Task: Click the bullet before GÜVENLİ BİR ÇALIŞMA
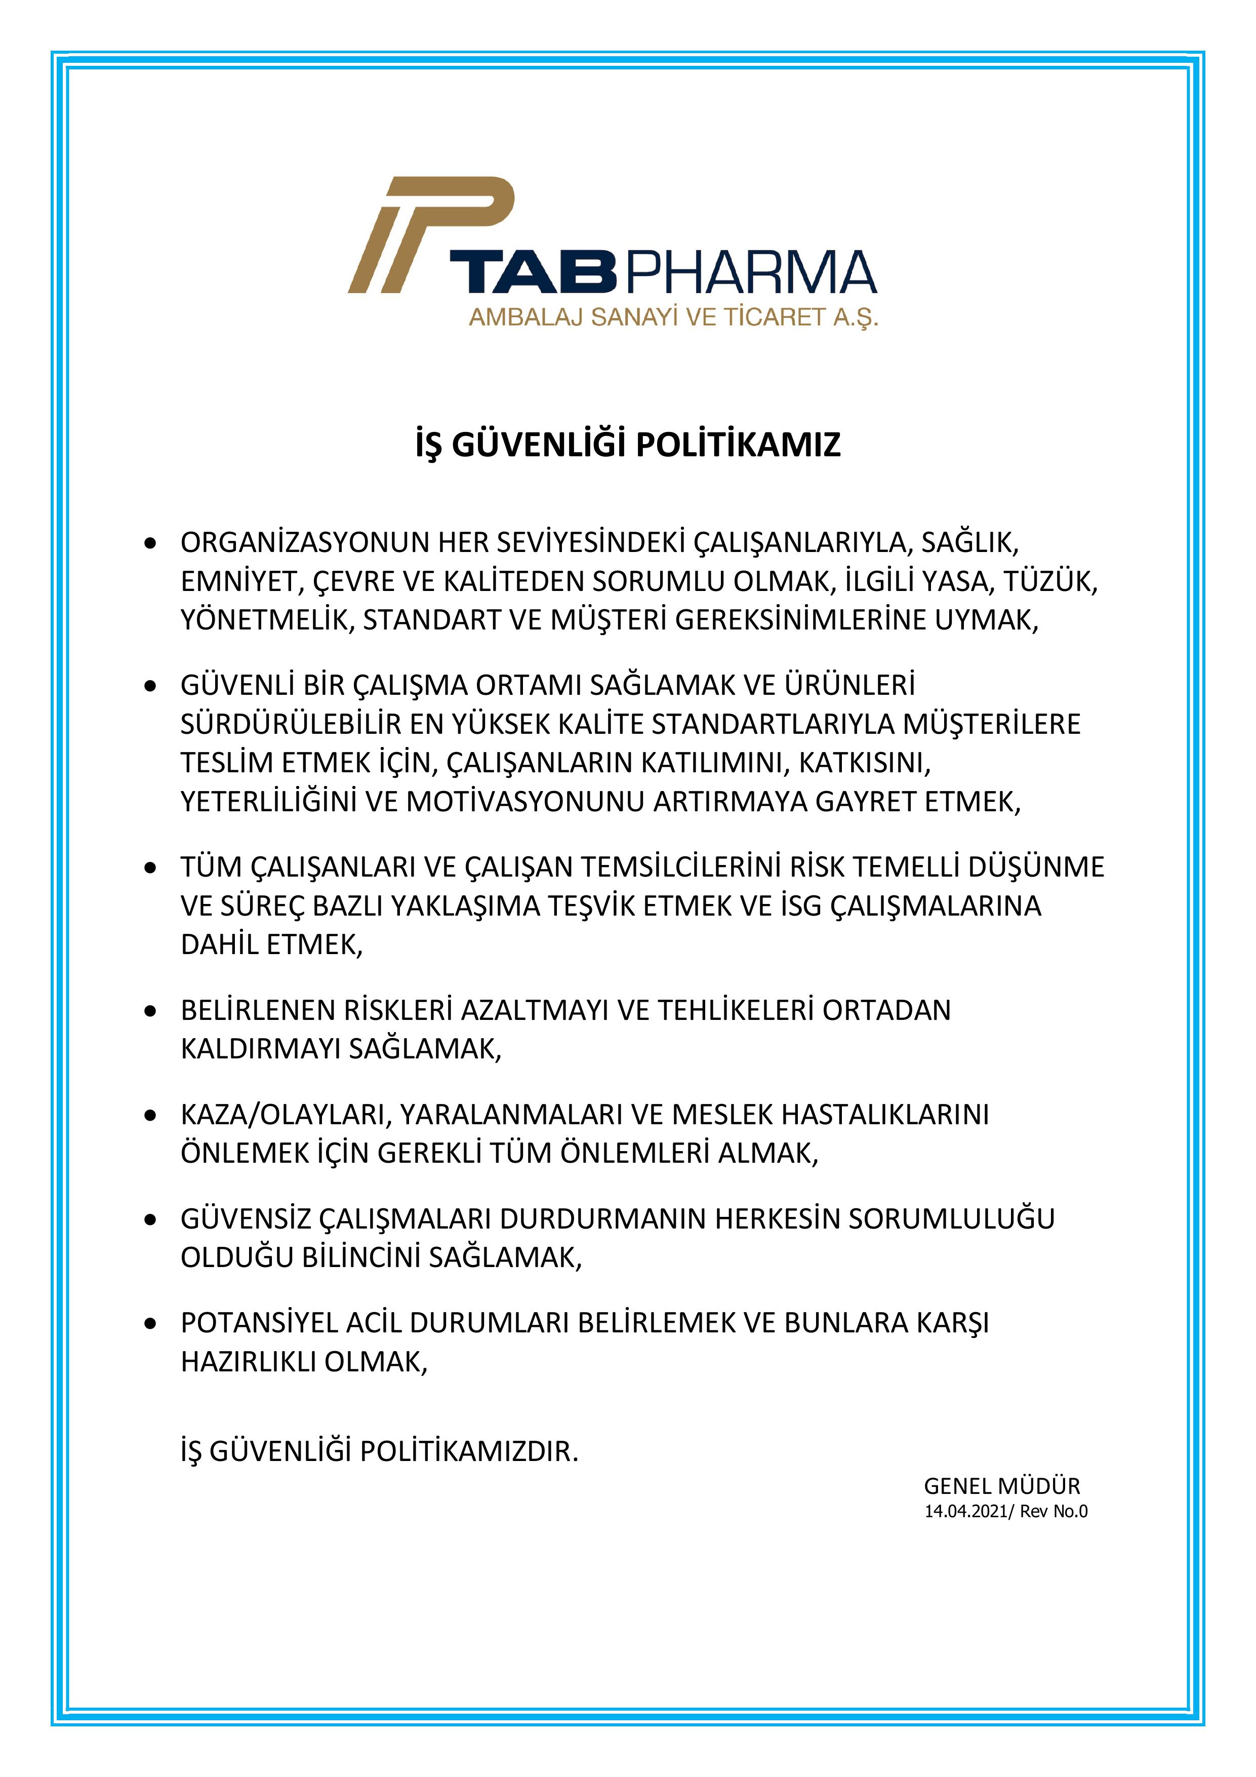(x=151, y=686)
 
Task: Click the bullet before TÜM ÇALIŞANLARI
(x=151, y=867)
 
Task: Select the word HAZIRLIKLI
(x=249, y=1362)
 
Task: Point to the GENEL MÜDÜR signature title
(x=1001, y=1486)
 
